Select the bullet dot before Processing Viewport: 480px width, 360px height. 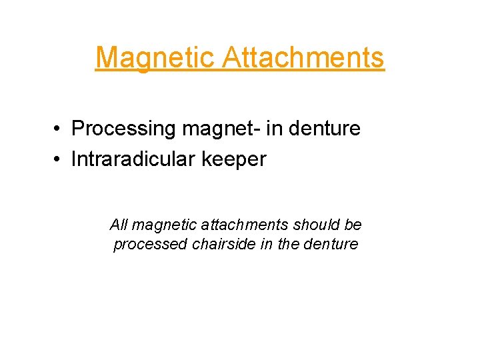click(x=60, y=129)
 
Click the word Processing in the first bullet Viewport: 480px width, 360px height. click(x=123, y=128)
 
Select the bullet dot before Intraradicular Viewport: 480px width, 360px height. click(x=60, y=160)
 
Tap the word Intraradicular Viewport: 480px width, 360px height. click(x=134, y=159)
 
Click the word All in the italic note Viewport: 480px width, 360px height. click(x=119, y=225)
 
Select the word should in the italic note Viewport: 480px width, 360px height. click(x=312, y=225)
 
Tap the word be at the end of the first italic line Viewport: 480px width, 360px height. click(x=353, y=225)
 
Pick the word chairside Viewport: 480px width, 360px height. click(x=214, y=244)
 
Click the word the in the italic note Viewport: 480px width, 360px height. click(x=288, y=244)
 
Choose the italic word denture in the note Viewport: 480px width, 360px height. click(x=331, y=244)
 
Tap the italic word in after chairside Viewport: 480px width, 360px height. click(x=265, y=244)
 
